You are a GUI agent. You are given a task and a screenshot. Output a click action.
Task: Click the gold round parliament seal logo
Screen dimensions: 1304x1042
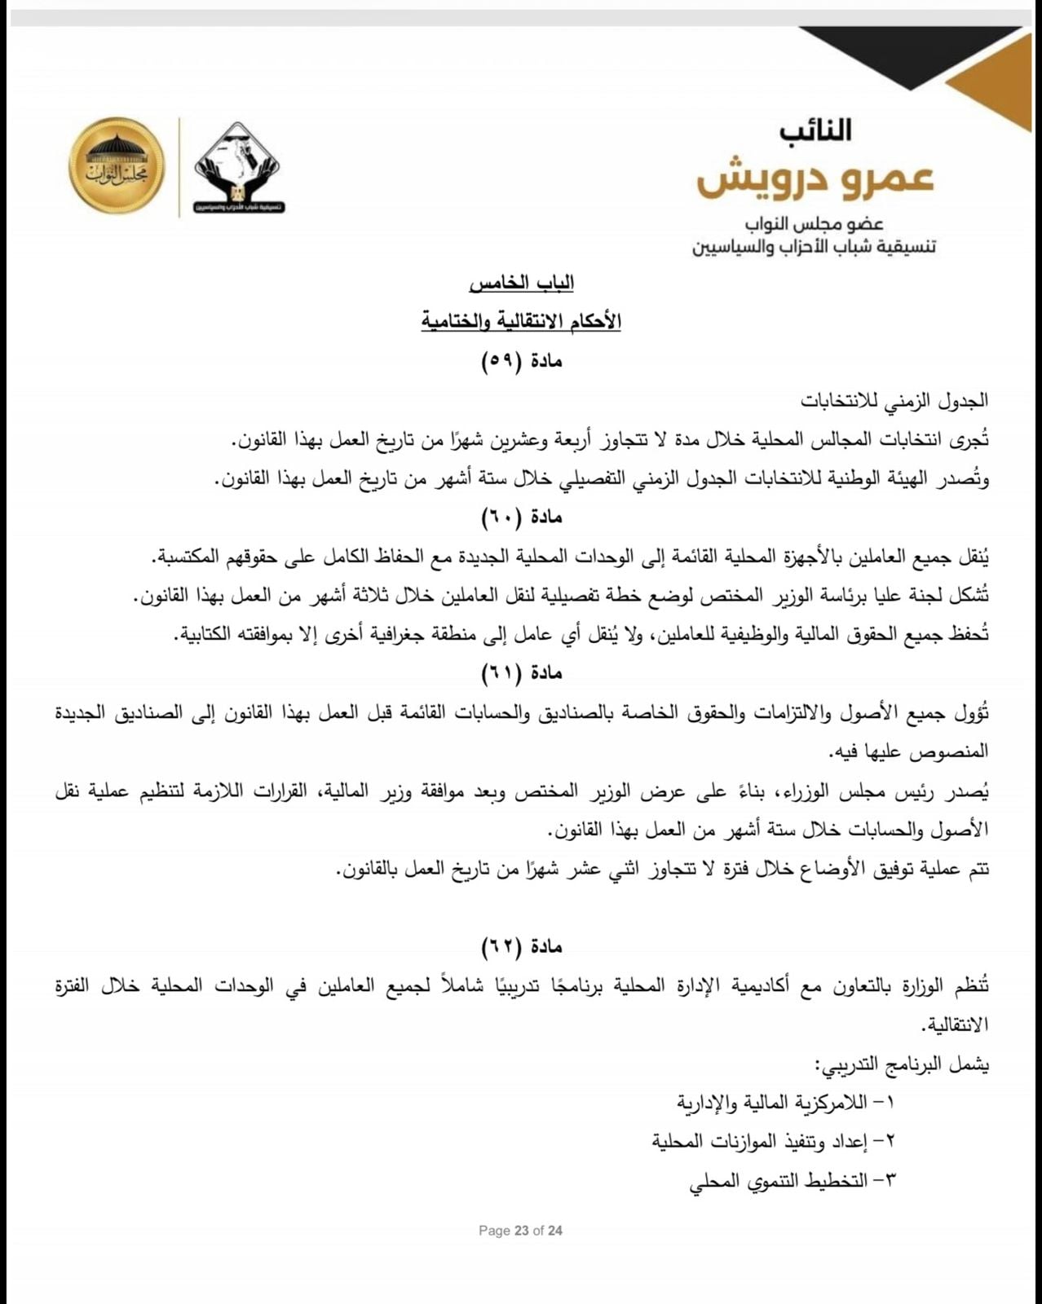click(x=116, y=166)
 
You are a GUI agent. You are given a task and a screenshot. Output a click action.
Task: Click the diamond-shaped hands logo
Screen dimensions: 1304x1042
click(x=238, y=167)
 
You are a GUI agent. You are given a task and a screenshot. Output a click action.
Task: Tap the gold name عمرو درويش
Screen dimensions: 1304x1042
click(x=815, y=179)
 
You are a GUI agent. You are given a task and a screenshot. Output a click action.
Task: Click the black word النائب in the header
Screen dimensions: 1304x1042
click(x=815, y=130)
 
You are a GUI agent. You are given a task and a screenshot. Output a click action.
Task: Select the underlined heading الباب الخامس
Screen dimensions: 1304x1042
click(x=522, y=284)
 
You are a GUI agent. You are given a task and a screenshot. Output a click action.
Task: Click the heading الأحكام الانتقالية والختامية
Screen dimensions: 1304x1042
click(x=522, y=321)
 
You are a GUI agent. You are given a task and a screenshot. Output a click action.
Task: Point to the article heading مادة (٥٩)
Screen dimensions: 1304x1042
click(x=522, y=361)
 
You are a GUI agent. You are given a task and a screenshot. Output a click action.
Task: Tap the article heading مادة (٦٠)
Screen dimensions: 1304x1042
click(x=522, y=517)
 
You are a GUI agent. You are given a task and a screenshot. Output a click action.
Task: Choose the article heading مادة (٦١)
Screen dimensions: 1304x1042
click(x=522, y=673)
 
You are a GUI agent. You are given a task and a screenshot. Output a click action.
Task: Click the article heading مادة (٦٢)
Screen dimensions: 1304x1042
click(x=522, y=946)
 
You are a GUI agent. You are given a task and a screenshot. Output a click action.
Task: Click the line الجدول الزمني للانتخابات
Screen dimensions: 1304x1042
click(x=894, y=400)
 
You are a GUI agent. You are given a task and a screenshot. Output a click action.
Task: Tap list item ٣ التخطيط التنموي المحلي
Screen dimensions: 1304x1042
click(x=792, y=1180)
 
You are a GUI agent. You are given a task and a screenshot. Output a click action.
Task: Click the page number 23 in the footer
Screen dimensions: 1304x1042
click(x=522, y=1231)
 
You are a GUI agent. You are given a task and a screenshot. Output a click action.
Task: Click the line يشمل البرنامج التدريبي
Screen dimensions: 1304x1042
click(x=903, y=1064)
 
